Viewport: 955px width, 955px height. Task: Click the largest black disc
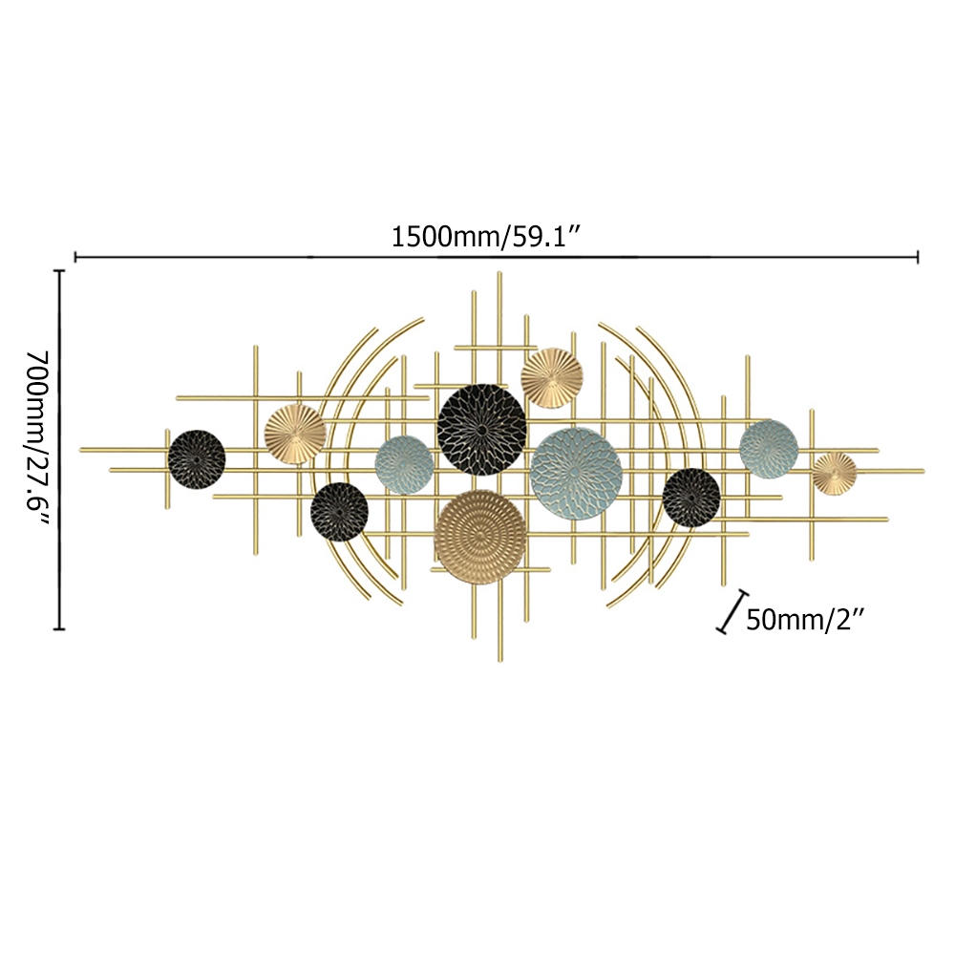tap(481, 430)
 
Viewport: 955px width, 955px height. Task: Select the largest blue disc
tap(576, 474)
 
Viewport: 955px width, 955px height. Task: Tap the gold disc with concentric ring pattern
tap(480, 537)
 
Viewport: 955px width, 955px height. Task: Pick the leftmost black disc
tap(197, 459)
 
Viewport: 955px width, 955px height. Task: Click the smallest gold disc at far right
tap(835, 474)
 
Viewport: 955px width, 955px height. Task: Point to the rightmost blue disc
tap(769, 449)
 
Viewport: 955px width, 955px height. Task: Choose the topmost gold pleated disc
tap(552, 377)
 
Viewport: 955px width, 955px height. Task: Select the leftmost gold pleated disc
tap(295, 434)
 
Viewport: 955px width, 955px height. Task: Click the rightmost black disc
tap(691, 497)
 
